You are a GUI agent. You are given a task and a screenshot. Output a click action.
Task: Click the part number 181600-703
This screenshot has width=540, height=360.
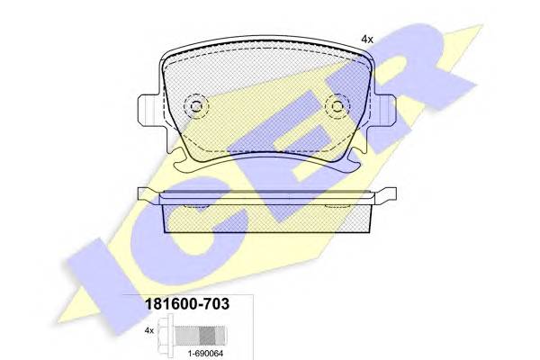tap(187, 304)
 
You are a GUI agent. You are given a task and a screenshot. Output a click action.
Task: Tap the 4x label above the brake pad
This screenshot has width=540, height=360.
tap(367, 40)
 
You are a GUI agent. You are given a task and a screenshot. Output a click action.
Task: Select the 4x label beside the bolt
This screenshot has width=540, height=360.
tap(149, 330)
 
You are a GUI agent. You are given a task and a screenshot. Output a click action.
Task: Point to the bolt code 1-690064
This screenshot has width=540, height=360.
tap(205, 353)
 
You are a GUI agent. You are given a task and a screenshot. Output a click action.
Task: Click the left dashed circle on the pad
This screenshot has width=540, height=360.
tap(196, 106)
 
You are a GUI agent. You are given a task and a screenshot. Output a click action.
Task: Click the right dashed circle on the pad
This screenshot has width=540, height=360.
tap(337, 106)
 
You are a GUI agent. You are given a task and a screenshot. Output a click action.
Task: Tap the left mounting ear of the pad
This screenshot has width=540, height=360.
tap(148, 110)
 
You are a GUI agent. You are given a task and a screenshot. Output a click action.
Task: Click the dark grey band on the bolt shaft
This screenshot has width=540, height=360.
tap(207, 336)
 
